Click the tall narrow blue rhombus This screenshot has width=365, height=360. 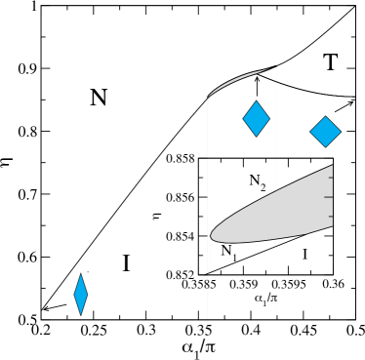pyautogui.click(x=81, y=294)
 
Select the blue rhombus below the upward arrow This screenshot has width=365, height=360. pyautogui.click(x=256, y=119)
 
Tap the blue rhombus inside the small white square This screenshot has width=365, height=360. pyautogui.click(x=325, y=132)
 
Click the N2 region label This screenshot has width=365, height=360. pyautogui.click(x=258, y=180)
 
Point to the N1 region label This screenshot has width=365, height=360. pyautogui.click(x=228, y=252)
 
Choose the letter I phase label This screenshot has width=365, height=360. pyautogui.click(x=304, y=255)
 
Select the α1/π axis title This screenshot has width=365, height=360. pyautogui.click(x=265, y=299)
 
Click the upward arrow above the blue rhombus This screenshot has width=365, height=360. pyautogui.click(x=258, y=86)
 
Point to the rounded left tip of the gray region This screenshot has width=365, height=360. pyautogui.click(x=211, y=235)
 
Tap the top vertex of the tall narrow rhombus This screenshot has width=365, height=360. pyautogui.click(x=81, y=273)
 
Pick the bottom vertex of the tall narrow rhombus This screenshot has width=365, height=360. pyautogui.click(x=81, y=315)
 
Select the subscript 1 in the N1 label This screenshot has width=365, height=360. pyautogui.click(x=234, y=256)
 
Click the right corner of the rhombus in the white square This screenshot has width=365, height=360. pyautogui.click(x=342, y=132)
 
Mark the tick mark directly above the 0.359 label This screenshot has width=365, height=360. pyautogui.click(x=243, y=274)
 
